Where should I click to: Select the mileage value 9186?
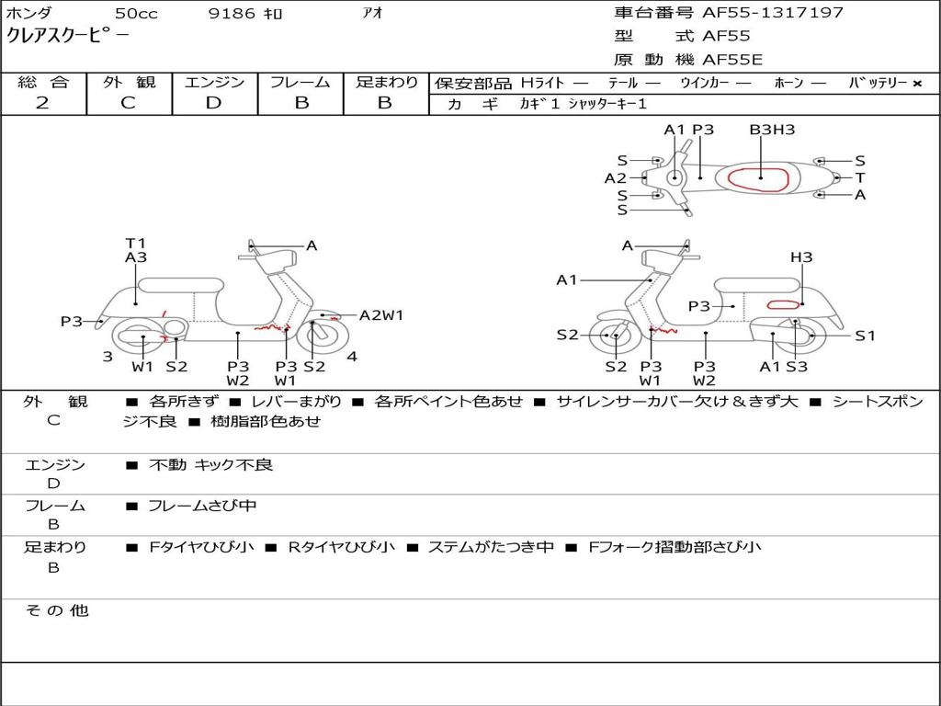[233, 14]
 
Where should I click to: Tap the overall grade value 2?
[42, 103]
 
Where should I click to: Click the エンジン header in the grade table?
[214, 83]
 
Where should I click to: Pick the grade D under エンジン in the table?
[214, 103]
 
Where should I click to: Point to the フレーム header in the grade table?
[300, 83]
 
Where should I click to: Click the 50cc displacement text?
[136, 14]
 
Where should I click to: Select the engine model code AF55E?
[732, 61]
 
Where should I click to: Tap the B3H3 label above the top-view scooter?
[772, 131]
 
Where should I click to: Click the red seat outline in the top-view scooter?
[761, 178]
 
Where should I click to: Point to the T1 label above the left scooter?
[136, 244]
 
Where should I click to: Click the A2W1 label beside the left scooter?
[381, 315]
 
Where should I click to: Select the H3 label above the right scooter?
[801, 257]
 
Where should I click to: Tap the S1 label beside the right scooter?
[866, 336]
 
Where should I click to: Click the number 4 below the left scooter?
[352, 356]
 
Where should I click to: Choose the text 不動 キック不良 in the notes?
[210, 465]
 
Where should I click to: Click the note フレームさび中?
[202, 506]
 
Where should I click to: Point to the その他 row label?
[56, 610]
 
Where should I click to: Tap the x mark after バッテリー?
[917, 84]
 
